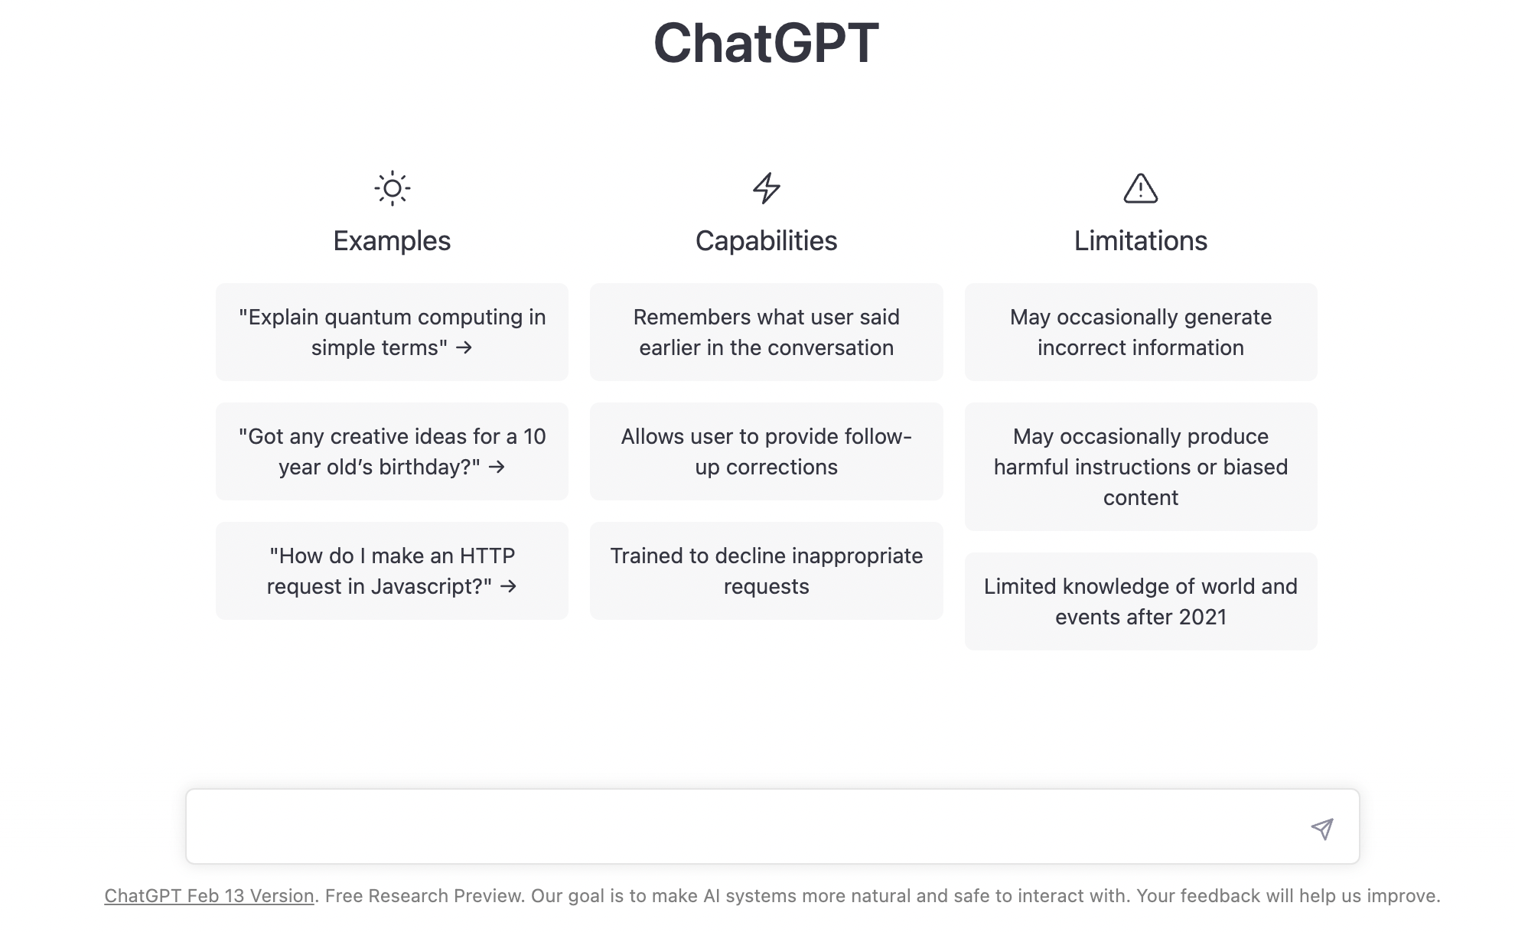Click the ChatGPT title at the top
point(766,43)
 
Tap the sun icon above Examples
point(392,188)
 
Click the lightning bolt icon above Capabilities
point(766,188)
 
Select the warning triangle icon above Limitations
point(1140,188)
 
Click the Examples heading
point(392,241)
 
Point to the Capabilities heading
point(766,241)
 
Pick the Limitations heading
point(1140,241)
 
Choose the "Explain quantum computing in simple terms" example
point(392,332)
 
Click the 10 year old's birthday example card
point(392,451)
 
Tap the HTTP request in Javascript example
point(392,571)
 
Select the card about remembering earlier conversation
point(766,332)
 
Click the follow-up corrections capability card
point(766,451)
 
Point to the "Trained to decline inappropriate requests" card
point(766,571)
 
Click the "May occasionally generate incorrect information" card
point(1141,332)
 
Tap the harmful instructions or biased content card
point(1141,467)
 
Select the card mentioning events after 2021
point(1141,601)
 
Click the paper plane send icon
point(1322,828)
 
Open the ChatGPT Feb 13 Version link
point(209,896)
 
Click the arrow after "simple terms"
point(464,347)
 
